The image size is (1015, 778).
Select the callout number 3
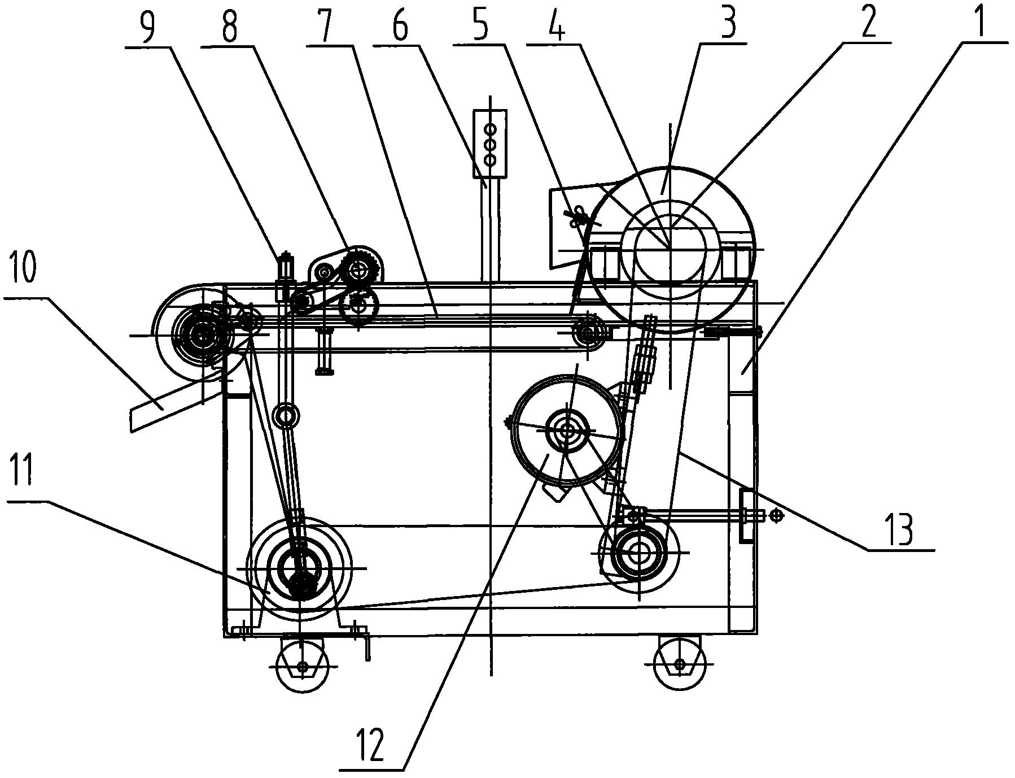tap(729, 20)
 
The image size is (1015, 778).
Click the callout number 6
tap(400, 21)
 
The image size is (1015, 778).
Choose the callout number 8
tap(230, 21)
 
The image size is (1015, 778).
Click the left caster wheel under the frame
tap(303, 667)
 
